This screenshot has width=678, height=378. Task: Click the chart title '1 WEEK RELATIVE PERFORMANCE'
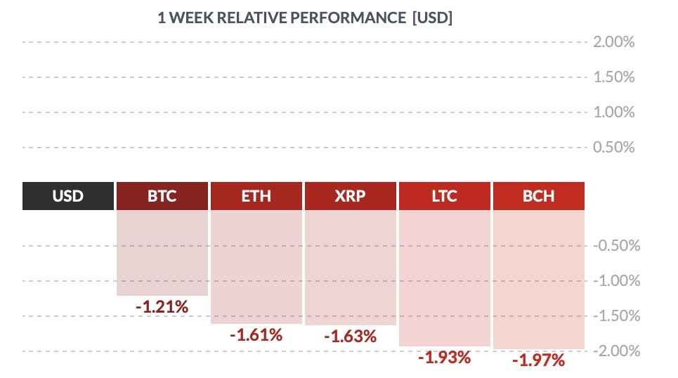(282, 18)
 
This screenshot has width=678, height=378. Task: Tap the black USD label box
(68, 196)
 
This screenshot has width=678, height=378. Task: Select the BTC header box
(162, 196)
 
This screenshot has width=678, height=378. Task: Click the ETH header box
(256, 196)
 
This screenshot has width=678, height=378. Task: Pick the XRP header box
(351, 196)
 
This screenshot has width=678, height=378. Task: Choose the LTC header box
(445, 196)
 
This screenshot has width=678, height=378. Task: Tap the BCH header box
(539, 196)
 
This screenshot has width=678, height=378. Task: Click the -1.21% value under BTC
(162, 307)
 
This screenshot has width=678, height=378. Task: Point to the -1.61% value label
(256, 335)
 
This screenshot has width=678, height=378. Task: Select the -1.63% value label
(351, 337)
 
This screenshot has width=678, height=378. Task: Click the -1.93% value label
(445, 358)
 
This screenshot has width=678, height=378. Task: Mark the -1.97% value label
(539, 360)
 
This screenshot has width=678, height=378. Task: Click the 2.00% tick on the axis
(614, 42)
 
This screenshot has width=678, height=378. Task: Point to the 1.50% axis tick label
(614, 77)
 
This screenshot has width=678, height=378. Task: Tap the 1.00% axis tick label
(614, 112)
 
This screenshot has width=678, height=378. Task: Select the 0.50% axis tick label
(614, 148)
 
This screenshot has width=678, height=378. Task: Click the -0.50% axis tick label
(617, 246)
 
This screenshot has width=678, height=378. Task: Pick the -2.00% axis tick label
(617, 351)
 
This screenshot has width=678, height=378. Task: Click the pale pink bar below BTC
(162, 253)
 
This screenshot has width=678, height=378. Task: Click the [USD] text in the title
(432, 18)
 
